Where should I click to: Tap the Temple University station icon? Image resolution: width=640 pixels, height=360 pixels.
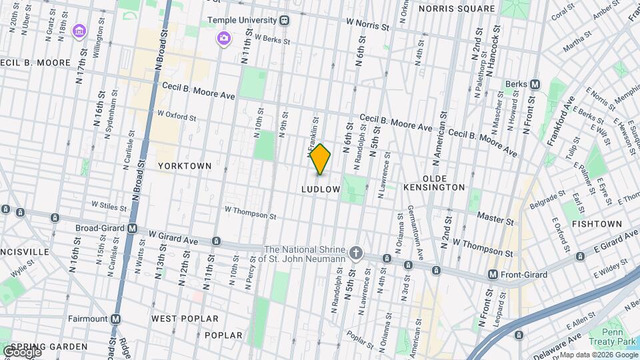pyautogui.click(x=285, y=21)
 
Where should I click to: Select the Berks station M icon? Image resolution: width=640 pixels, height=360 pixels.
pyautogui.click(x=535, y=84)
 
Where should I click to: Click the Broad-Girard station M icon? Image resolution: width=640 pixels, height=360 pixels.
pyautogui.click(x=132, y=228)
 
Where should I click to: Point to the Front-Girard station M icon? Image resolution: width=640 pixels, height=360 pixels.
pyautogui.click(x=493, y=274)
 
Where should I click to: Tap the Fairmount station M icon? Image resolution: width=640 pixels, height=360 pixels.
pyautogui.click(x=116, y=319)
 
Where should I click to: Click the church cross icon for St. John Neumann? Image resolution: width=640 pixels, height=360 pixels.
pyautogui.click(x=357, y=253)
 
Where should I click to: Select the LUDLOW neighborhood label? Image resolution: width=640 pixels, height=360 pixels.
pyautogui.click(x=321, y=189)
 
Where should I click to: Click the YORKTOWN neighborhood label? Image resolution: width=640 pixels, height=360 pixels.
pyautogui.click(x=185, y=165)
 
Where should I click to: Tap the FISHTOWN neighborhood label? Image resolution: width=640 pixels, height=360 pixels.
pyautogui.click(x=596, y=224)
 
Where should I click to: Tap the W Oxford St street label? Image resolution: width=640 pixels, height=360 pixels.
pyautogui.click(x=177, y=115)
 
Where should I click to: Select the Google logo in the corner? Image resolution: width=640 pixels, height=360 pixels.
pyautogui.click(x=21, y=351)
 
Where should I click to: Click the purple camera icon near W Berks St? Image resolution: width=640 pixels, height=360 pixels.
pyautogui.click(x=223, y=38)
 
